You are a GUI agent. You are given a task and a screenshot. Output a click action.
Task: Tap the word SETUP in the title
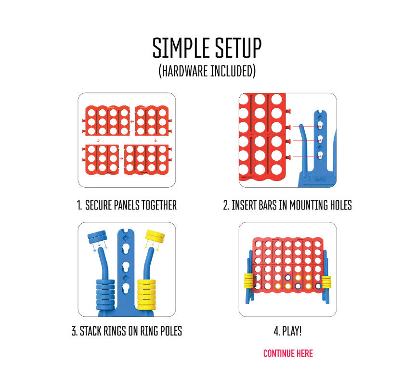pyautogui.click(x=238, y=48)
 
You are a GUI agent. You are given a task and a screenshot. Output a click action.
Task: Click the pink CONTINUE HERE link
pyautogui.click(x=288, y=353)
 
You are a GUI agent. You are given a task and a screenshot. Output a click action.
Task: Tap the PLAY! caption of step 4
pyautogui.click(x=287, y=331)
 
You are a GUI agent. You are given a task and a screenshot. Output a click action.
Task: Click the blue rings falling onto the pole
pyautogui.click(x=97, y=237)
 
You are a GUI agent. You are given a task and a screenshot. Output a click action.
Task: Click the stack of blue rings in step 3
pyautogui.click(x=105, y=295)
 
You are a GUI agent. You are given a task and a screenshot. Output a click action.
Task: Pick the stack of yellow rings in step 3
pyautogui.click(x=147, y=295)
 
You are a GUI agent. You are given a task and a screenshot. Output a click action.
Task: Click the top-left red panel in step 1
pyautogui.click(x=106, y=120)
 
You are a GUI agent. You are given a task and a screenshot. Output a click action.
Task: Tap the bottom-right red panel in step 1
pyautogui.click(x=147, y=160)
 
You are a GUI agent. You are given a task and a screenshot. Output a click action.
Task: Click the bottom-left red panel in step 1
pyautogui.click(x=101, y=160)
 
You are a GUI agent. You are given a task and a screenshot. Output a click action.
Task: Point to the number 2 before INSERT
pyautogui.click(x=226, y=206)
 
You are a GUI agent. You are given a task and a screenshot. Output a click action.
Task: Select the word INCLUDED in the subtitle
pyautogui.click(x=232, y=71)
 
